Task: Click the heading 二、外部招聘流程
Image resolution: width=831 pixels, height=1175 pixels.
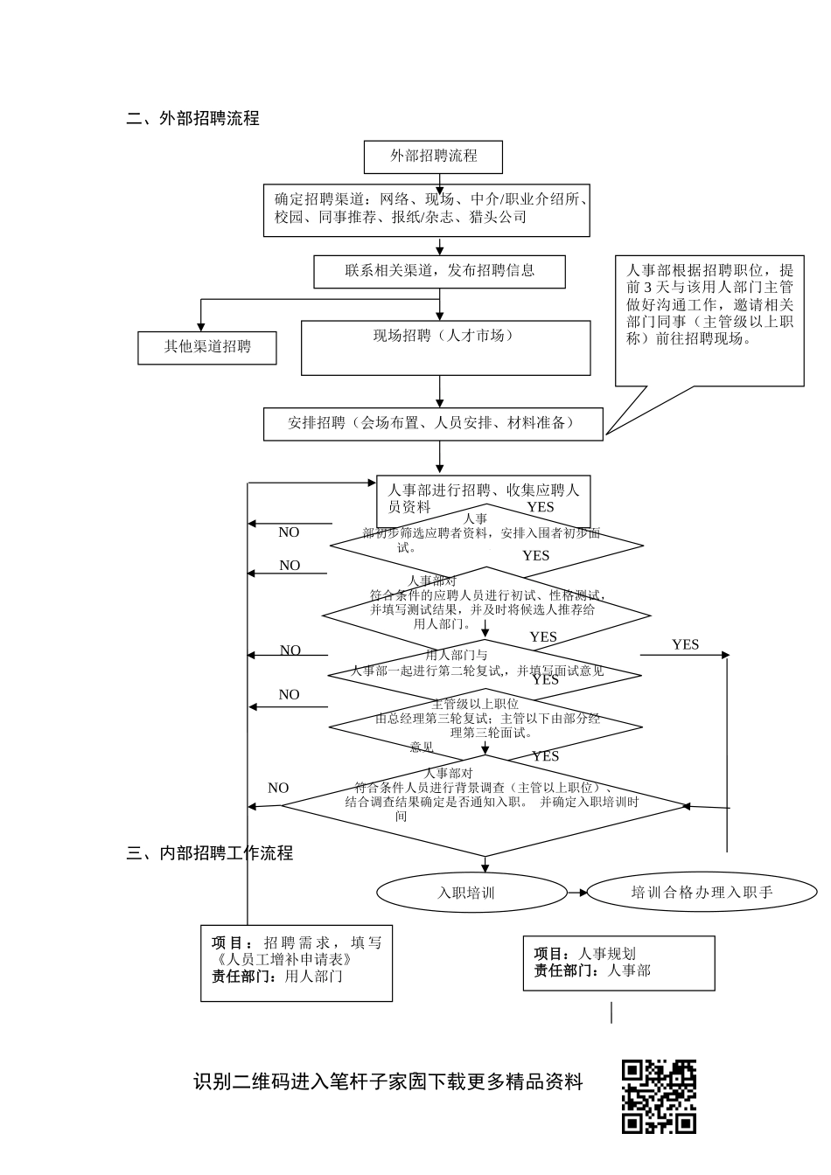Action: click(x=192, y=119)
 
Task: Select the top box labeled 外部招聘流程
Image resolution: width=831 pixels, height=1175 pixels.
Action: click(x=433, y=156)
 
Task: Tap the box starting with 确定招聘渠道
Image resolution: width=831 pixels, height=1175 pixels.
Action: click(x=427, y=210)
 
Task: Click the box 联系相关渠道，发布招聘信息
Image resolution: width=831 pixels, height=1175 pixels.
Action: click(x=439, y=271)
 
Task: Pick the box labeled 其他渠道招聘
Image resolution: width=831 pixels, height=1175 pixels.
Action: click(x=207, y=347)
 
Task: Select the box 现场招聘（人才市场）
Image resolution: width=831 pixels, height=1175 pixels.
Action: click(x=445, y=347)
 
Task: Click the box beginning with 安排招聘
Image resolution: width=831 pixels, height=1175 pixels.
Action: click(x=433, y=423)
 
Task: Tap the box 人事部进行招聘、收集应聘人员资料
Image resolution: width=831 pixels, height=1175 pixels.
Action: click(x=483, y=497)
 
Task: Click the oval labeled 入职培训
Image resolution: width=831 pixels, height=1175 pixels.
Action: click(x=466, y=893)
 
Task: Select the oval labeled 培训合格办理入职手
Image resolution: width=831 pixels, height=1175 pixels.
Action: click(x=702, y=893)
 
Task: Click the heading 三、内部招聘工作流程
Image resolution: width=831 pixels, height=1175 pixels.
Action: click(x=209, y=853)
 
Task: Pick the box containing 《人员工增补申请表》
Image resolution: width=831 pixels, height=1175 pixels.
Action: click(x=297, y=962)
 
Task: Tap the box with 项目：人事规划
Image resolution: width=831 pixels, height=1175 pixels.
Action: click(x=618, y=963)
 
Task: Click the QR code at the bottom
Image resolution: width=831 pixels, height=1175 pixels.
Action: click(x=659, y=1096)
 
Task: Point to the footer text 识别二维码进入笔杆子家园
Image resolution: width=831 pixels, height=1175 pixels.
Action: click(x=388, y=1082)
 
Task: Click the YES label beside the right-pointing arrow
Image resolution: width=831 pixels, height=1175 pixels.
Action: click(x=685, y=644)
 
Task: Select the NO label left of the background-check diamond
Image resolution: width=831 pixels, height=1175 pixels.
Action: click(x=278, y=788)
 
